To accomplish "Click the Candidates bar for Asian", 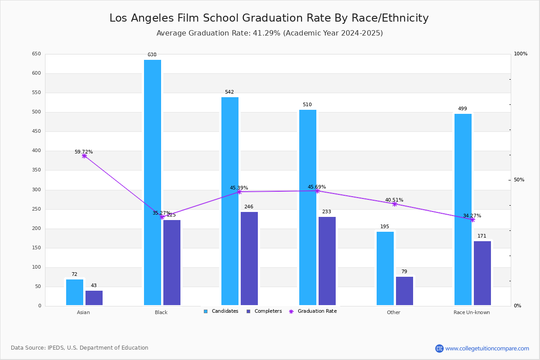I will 75,292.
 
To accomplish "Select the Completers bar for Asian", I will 94,298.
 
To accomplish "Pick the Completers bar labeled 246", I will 249,258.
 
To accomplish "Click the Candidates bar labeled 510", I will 308,207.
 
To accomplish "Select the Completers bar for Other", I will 405,291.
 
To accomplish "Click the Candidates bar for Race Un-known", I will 463,209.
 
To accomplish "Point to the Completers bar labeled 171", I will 482,273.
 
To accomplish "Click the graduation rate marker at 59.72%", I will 84,156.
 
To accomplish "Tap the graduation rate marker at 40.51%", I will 395,204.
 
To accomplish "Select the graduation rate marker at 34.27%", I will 472,220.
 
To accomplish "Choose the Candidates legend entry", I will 221,311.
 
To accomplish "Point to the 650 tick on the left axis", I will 36,54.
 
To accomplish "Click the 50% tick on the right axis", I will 519,180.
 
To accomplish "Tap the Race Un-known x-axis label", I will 472,312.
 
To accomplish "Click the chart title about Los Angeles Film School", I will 269,18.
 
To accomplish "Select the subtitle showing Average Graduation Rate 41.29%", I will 270,33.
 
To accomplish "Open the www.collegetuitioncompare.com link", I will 487,348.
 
